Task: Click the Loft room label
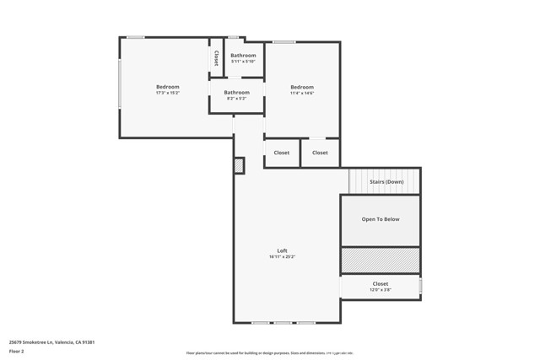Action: coord(283,250)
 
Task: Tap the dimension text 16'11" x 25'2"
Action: coord(283,256)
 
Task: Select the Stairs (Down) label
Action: coord(386,181)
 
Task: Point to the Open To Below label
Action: coord(381,219)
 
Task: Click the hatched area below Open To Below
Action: coord(380,261)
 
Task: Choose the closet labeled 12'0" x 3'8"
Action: coord(381,287)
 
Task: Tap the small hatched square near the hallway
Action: coord(240,166)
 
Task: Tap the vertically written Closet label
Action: coord(216,58)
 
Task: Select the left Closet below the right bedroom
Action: coord(281,153)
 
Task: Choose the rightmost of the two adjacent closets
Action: coord(320,153)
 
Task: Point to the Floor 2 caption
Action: coord(17,351)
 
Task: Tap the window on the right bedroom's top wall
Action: coord(283,40)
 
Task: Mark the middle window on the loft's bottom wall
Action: coord(283,323)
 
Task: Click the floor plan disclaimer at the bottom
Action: coord(269,353)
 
